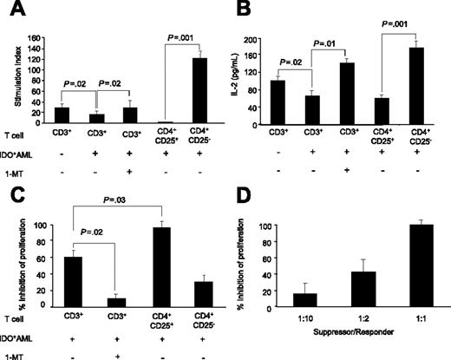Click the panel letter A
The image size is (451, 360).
click(x=10, y=10)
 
